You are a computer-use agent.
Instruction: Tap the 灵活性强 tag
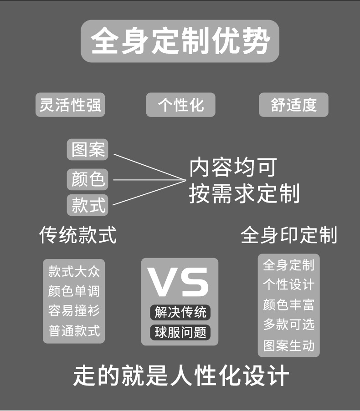pos(70,105)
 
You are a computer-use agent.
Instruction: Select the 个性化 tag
pos(180,105)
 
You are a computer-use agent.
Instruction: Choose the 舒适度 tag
pos(293,105)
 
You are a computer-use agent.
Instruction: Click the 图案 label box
pos(88,150)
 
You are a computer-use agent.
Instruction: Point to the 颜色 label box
pos(88,178)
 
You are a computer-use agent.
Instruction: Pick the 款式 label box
pos(88,205)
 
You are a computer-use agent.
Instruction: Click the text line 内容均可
pos(232,168)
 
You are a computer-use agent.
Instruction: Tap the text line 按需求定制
pos(244,193)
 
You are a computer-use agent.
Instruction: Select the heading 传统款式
pos(77,235)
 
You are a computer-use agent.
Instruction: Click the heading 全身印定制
pos(289,235)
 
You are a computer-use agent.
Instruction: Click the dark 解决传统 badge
pos(180,312)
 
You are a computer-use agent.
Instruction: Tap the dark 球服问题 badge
pos(180,332)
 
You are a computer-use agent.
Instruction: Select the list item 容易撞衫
pos(74,311)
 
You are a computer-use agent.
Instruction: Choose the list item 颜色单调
pos(74,291)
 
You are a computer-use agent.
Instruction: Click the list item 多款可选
pos(289,325)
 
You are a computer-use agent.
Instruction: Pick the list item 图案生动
pos(289,345)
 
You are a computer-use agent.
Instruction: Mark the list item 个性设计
pos(289,285)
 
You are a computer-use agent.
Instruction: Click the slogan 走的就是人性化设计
pos(181,376)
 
